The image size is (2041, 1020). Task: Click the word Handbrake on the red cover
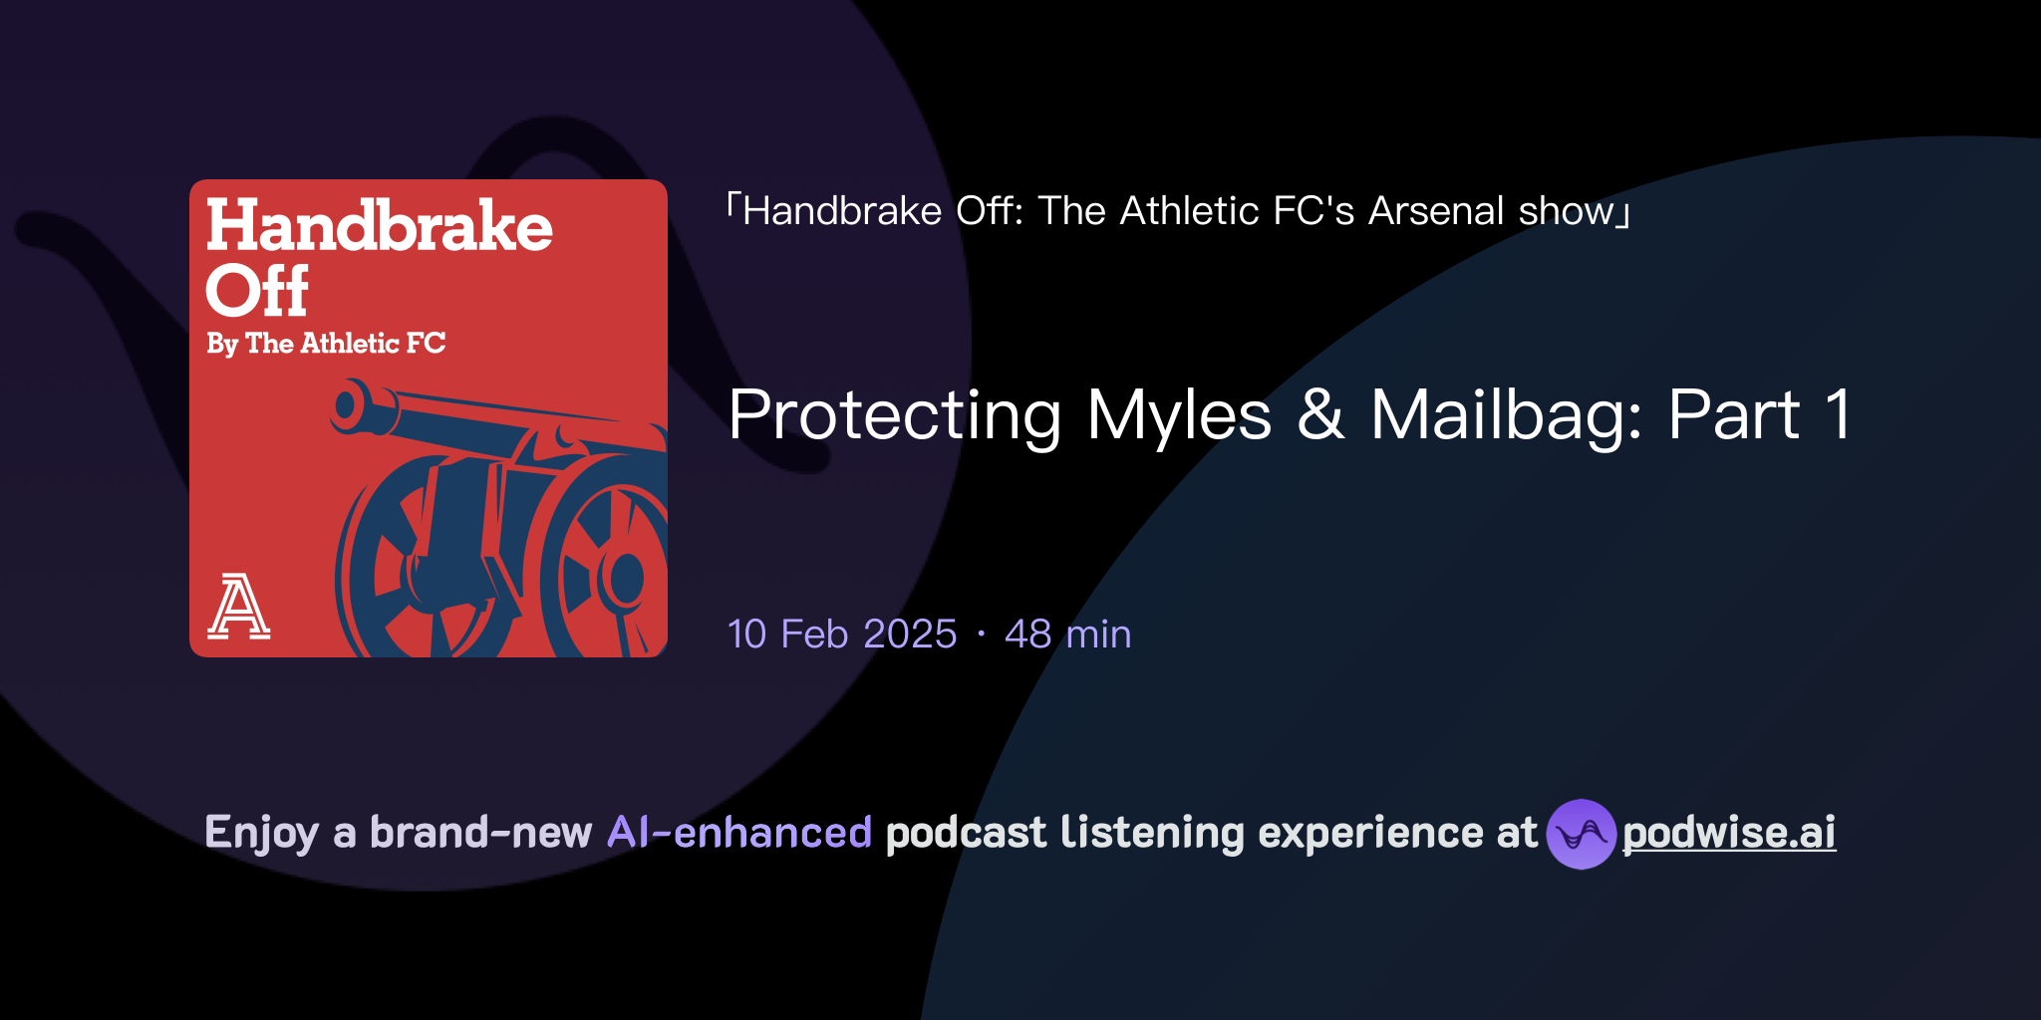click(379, 226)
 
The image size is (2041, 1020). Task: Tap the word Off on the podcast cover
click(257, 291)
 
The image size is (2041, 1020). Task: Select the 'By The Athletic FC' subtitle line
click(326, 344)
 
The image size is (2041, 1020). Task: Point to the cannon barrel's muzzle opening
click(346, 405)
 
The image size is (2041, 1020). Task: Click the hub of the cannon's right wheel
click(627, 577)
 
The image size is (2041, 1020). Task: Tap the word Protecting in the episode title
click(894, 415)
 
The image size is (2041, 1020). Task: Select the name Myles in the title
click(1179, 415)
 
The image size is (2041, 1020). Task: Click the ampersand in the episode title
click(1320, 415)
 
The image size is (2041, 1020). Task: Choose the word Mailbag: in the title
click(1506, 415)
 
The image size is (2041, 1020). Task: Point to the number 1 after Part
click(1838, 415)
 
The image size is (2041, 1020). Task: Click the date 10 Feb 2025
click(842, 635)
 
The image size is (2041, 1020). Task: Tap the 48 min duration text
click(1067, 635)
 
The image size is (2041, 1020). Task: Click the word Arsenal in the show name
click(1436, 211)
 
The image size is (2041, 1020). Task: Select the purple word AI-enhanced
click(739, 833)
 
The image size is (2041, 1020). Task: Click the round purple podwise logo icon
click(1581, 834)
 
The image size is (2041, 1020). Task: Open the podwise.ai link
click(1729, 834)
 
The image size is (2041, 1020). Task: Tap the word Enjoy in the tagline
click(261, 834)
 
